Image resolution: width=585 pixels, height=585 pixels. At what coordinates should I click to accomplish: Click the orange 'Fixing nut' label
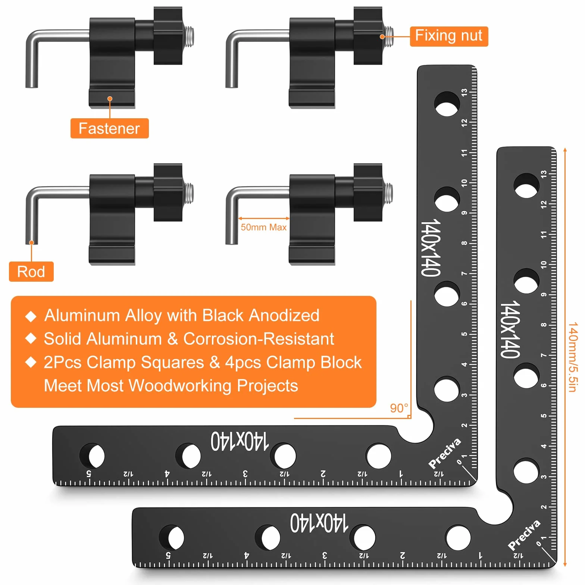point(449,36)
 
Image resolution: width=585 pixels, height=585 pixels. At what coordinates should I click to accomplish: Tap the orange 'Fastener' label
point(109,128)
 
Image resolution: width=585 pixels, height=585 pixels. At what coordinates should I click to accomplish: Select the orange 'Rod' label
point(31,272)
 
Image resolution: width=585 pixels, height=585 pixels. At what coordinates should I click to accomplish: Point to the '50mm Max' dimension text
point(263,227)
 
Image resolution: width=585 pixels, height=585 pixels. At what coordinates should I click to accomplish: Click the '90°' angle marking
point(399,408)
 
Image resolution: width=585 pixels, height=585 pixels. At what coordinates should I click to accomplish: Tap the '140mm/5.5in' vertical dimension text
point(573,357)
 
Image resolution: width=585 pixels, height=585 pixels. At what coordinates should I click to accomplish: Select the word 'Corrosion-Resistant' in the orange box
point(259,339)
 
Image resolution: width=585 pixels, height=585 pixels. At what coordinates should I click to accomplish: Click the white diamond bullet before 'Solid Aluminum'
point(31,339)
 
